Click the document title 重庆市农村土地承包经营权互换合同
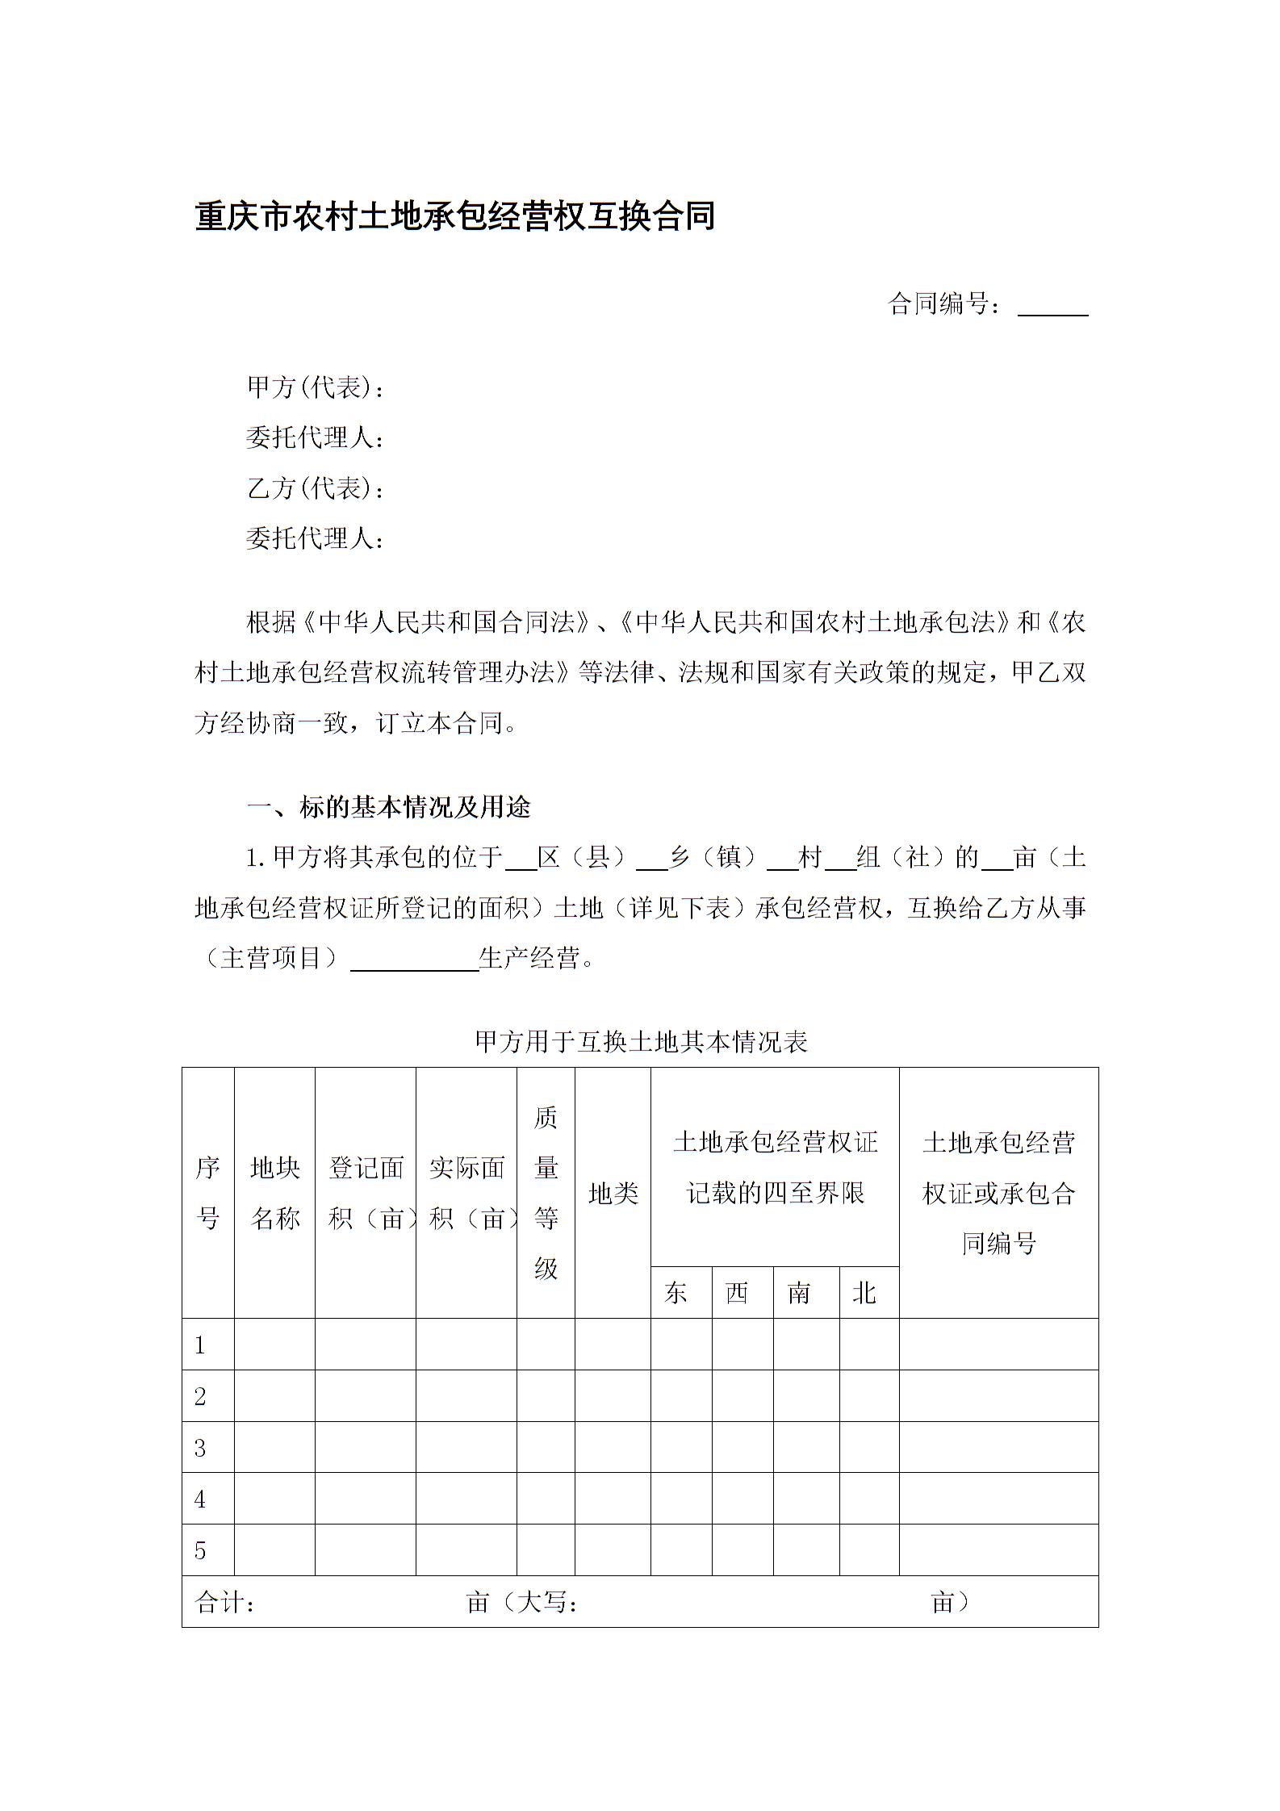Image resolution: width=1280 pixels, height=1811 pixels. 455,217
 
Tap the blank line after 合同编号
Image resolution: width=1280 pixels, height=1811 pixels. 1052,307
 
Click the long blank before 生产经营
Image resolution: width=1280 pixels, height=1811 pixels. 415,960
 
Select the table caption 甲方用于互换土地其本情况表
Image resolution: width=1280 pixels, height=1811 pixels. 641,1042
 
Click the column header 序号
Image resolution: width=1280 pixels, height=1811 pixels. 207,1192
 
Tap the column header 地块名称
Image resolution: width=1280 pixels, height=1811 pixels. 274,1192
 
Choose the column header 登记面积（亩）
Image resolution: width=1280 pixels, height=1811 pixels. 366,1192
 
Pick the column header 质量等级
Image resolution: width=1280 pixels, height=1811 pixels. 546,1192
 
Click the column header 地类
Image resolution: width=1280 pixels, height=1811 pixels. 613,1193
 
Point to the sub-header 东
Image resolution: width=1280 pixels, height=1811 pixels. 676,1293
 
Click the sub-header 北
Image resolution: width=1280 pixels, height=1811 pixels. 864,1293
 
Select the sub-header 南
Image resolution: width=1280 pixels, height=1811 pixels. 798,1293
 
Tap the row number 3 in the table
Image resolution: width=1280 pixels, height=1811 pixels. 200,1448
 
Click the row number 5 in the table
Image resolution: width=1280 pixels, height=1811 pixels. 200,1550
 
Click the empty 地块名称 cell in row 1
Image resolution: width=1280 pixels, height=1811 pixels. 274,1345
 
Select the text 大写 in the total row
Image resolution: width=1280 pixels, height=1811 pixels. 542,1602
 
